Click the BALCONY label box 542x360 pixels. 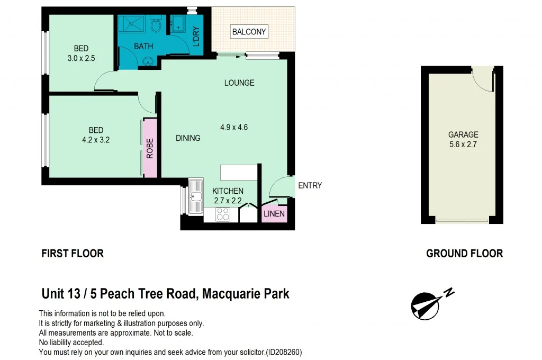pos(249,32)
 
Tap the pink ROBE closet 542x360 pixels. pos(150,148)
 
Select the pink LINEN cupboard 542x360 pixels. pos(274,214)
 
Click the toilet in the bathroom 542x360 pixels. pos(156,25)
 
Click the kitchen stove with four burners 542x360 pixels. pos(223,214)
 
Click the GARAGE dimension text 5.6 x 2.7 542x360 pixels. pos(463,143)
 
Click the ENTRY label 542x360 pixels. pos(310,185)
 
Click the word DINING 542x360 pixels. pos(188,138)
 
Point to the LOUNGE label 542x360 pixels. pos(239,83)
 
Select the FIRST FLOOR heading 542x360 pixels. pos(73,254)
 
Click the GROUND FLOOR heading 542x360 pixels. pos(464,254)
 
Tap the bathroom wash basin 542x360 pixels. pos(147,61)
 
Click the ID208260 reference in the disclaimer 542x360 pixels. pos(284,352)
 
